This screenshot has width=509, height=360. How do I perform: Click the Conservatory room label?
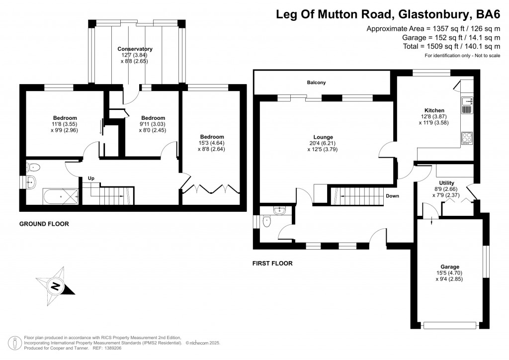135,49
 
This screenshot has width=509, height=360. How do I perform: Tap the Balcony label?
316,83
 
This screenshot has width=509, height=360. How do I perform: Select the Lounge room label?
323,137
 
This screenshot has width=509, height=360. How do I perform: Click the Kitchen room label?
434,110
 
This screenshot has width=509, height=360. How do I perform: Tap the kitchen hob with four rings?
467,137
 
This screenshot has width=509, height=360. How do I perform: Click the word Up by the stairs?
91,178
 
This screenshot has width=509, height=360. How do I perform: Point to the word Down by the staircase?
392,196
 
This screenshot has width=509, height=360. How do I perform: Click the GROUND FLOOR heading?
44,224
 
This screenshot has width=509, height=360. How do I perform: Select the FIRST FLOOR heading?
272,264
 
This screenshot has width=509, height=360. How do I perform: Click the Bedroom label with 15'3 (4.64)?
212,137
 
